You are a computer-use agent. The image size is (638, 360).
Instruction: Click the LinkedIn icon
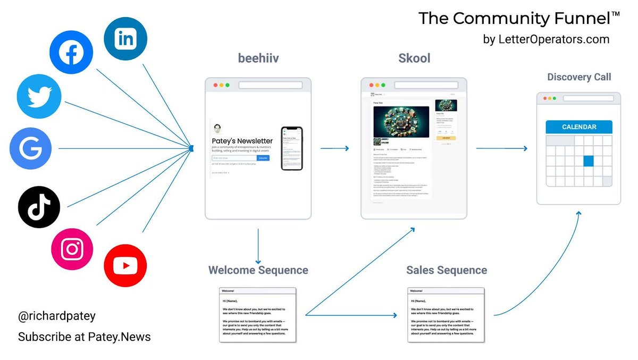(x=125, y=39)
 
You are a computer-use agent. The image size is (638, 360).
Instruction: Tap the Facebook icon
(x=71, y=53)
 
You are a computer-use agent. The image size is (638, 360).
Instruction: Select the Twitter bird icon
(x=39, y=96)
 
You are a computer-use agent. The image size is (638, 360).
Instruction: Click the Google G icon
(x=31, y=148)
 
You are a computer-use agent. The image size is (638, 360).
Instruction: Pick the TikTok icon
(x=39, y=207)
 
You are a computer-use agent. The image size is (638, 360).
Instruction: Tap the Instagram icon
(x=72, y=249)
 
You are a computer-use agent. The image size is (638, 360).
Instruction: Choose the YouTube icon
(x=125, y=266)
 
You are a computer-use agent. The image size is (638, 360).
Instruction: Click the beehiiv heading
(x=258, y=58)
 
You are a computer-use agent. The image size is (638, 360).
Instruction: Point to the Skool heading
(x=414, y=58)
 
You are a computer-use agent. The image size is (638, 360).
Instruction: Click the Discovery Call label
(x=579, y=77)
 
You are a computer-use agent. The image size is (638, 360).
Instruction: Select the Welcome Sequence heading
(x=258, y=270)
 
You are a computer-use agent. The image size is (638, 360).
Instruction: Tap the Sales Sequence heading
(x=447, y=270)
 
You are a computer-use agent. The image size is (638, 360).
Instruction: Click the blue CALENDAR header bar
(x=579, y=127)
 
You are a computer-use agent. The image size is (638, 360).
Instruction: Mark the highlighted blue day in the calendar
(x=588, y=161)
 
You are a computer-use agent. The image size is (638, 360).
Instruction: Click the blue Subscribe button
(x=263, y=158)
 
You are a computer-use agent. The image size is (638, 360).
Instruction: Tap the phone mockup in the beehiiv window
(x=291, y=148)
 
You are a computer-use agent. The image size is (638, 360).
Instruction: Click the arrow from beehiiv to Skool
(x=335, y=148)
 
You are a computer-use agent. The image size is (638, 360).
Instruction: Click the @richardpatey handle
(x=57, y=316)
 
